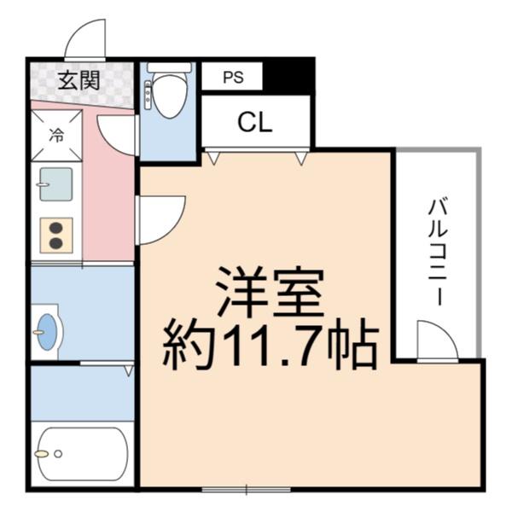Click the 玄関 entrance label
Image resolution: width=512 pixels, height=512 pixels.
[79, 81]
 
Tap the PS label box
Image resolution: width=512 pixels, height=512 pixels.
[232, 77]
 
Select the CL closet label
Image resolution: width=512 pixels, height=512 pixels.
[254, 123]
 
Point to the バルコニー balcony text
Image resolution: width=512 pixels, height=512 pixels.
[439, 252]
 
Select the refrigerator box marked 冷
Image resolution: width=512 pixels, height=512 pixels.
[56, 135]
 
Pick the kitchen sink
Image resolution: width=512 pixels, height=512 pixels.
[56, 184]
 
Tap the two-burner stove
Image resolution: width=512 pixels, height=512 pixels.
[56, 236]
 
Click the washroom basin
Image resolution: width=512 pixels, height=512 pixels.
[46, 329]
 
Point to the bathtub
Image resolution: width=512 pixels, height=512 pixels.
[81, 453]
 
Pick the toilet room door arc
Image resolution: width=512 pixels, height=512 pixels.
[119, 133]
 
